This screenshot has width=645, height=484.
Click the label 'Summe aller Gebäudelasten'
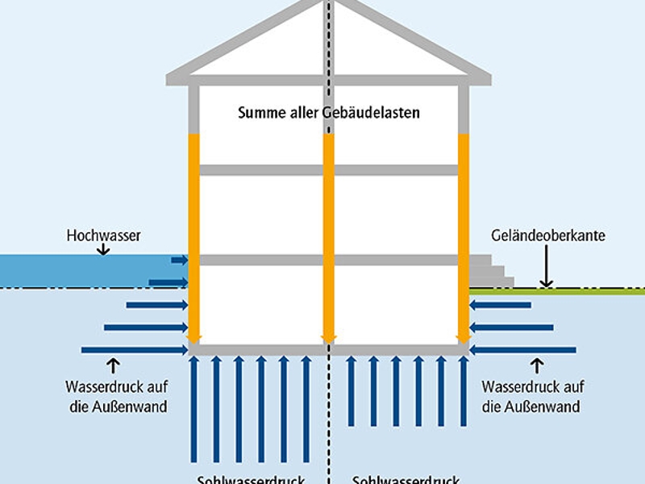328,113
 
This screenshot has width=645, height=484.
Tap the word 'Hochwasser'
103,236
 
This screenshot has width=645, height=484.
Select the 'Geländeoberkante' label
548,236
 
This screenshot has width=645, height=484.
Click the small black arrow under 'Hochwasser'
103,251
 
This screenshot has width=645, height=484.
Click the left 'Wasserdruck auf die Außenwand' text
116,396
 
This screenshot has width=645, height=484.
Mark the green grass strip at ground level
564,290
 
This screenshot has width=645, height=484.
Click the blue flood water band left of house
81,270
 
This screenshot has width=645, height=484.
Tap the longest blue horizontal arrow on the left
133,350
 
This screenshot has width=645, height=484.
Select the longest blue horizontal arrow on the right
524,350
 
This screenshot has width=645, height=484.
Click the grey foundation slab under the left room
258,350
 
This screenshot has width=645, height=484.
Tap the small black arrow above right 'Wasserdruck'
531,365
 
